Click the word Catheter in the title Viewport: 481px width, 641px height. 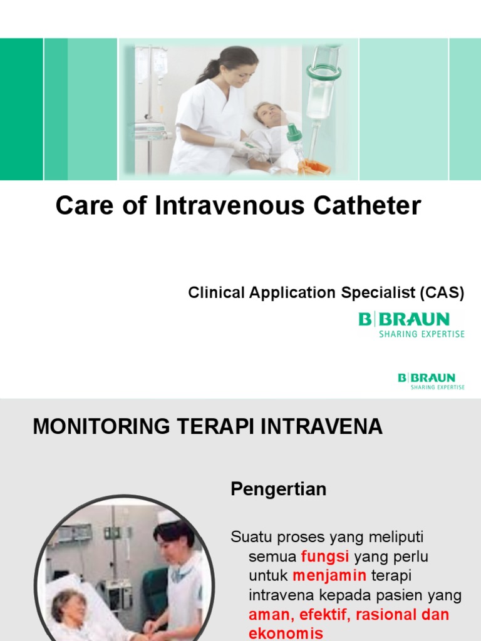(367, 205)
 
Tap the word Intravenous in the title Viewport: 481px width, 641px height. (229, 205)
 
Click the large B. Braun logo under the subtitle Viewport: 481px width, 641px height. (411, 325)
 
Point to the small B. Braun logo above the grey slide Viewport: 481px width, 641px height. (431, 381)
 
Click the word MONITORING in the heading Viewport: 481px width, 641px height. (101, 426)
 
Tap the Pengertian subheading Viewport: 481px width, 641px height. (279, 489)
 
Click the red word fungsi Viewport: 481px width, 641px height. (325, 556)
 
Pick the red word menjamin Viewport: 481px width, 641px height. (329, 576)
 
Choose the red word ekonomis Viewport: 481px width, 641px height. (286, 633)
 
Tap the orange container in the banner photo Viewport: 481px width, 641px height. (314, 167)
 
